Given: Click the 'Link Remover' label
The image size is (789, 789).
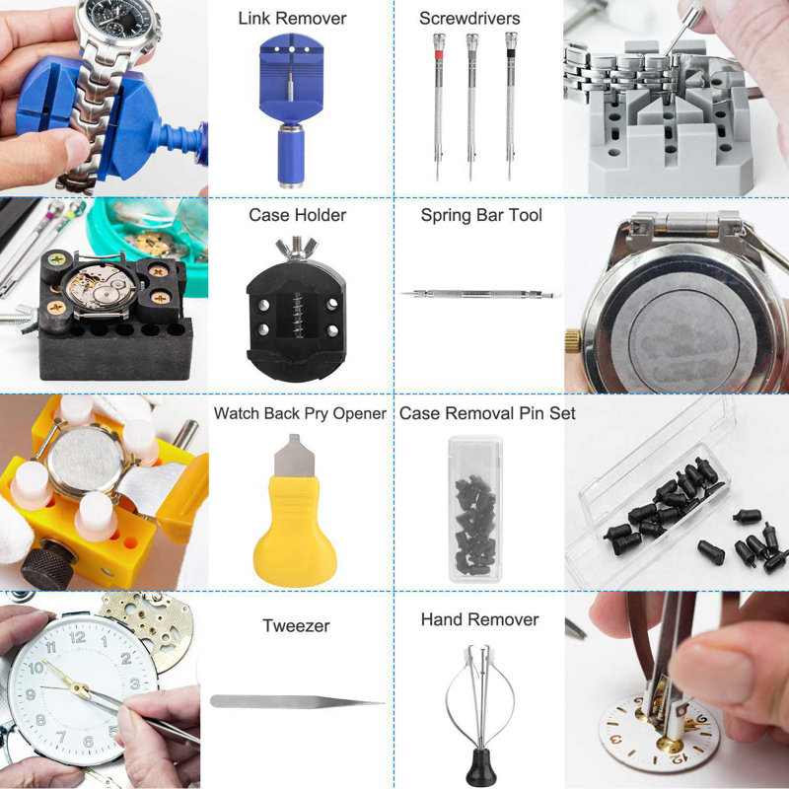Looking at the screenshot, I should [292, 19].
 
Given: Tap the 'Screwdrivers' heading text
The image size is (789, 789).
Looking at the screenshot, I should [469, 19].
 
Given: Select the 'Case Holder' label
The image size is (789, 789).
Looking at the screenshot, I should [297, 215].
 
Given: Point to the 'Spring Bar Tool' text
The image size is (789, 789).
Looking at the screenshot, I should [481, 215].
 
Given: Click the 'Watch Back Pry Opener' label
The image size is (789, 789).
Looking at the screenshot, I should [300, 413].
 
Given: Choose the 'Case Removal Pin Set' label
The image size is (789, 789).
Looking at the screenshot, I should [487, 413].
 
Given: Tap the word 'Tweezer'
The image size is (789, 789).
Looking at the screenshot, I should [296, 625].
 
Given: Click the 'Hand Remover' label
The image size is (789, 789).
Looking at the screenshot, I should [479, 619].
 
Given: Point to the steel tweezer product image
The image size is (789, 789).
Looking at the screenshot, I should [296, 701].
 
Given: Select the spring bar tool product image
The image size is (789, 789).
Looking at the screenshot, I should [480, 294].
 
